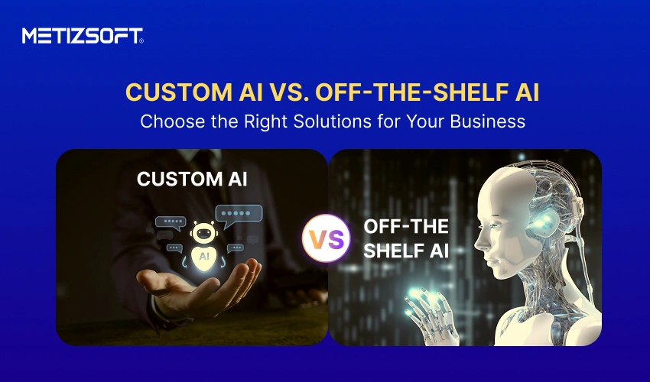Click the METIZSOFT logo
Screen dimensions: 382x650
point(83,35)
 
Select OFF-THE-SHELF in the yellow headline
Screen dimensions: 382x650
point(401,92)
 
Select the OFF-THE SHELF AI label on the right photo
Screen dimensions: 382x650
point(405,238)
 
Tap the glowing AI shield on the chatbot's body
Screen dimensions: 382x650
point(203,257)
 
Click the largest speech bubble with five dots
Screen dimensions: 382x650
point(238,214)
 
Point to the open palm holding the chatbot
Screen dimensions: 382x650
point(199,286)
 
